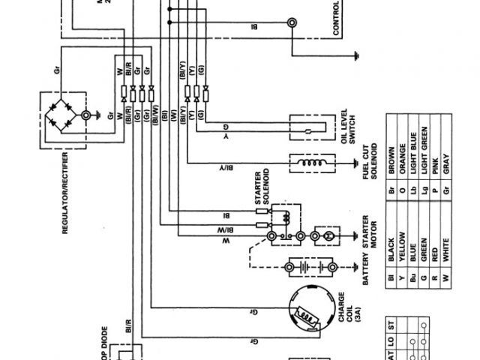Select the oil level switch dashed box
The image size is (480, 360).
pos(309,130)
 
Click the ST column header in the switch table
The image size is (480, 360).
pos(389,325)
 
